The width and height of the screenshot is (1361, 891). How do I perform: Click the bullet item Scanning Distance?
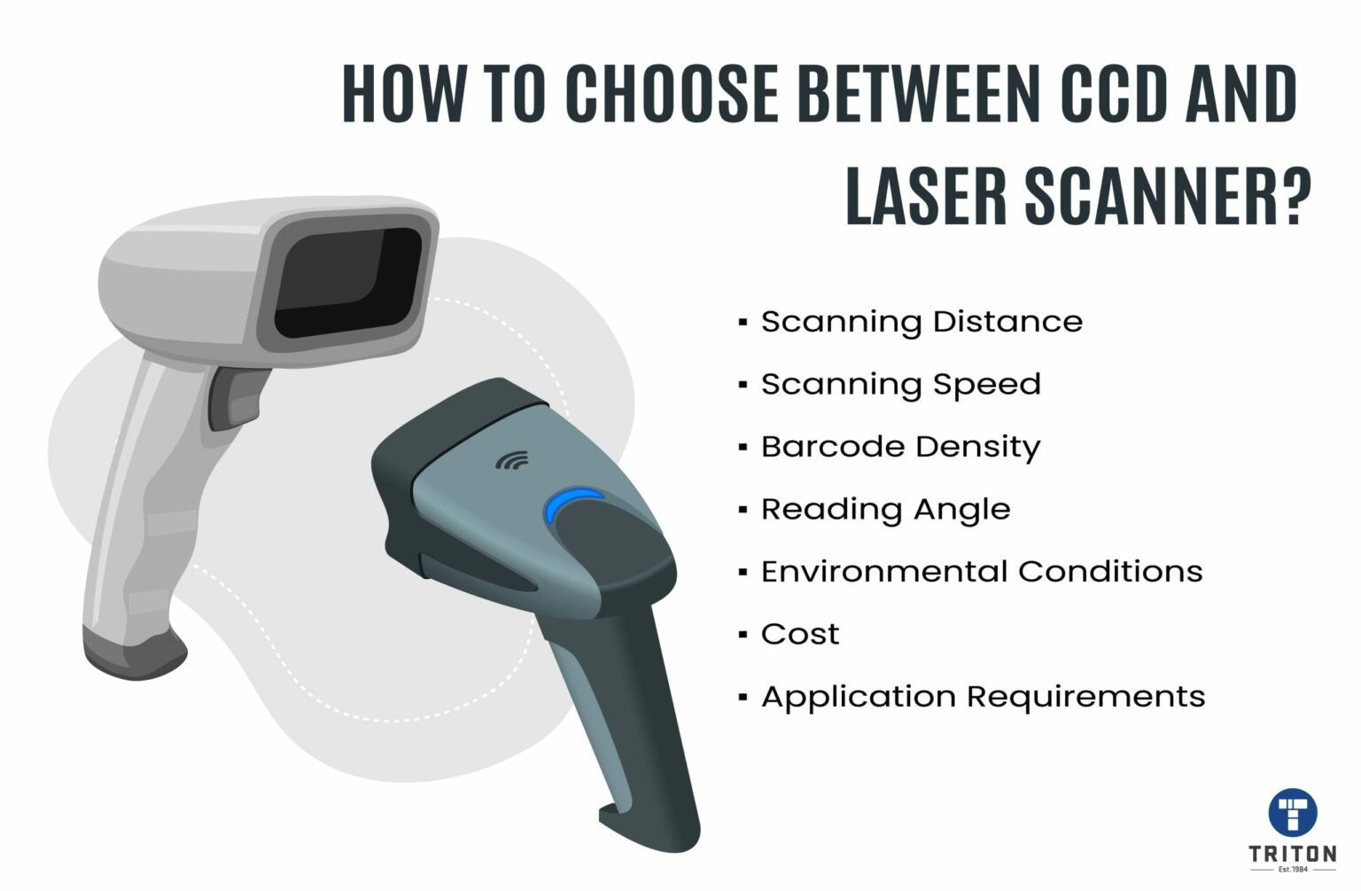(x=922, y=322)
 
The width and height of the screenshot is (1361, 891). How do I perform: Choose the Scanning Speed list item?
(x=900, y=385)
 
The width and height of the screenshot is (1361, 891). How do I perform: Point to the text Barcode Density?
(x=900, y=447)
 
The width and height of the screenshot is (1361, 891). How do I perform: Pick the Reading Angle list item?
(x=885, y=509)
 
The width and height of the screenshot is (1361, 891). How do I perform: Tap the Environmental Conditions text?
(x=982, y=571)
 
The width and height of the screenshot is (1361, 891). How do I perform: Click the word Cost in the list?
(x=799, y=634)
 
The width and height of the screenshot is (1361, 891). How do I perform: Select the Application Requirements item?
(x=983, y=697)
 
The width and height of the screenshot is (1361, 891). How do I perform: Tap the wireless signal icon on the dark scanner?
(x=511, y=460)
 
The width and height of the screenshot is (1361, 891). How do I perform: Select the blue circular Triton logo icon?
(x=1293, y=811)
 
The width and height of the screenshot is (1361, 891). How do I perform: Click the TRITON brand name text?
(x=1293, y=854)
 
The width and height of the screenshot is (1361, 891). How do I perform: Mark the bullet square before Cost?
(x=743, y=635)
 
